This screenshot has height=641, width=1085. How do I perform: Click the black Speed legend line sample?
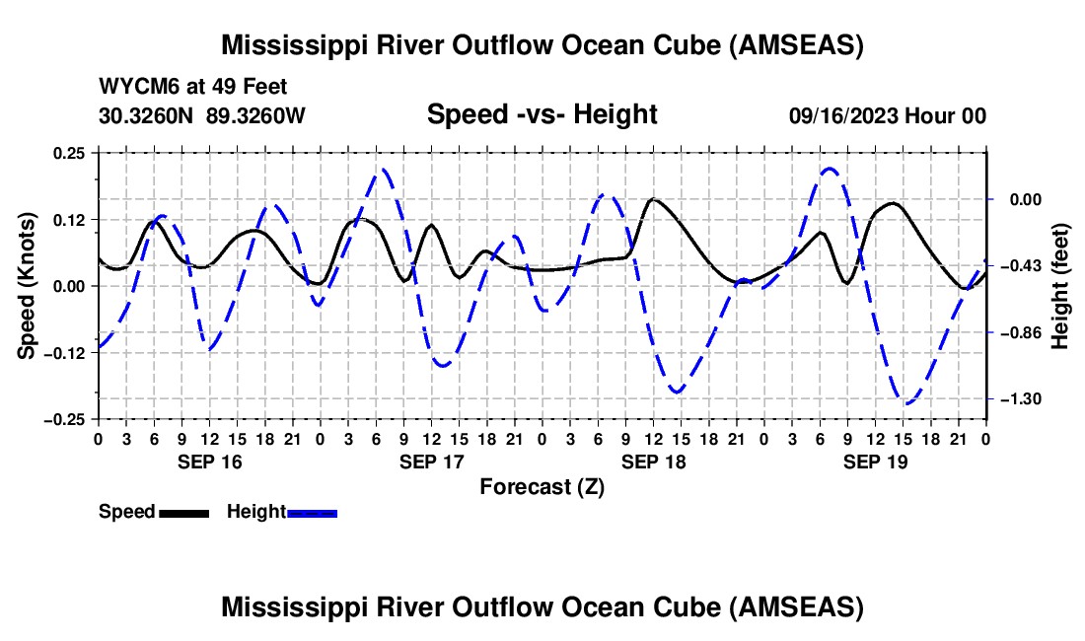tap(184, 513)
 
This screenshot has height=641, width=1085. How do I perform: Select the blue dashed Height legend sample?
tap(312, 513)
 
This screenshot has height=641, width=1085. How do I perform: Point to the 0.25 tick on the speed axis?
tap(69, 153)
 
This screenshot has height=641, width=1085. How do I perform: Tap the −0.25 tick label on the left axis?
tap(64, 420)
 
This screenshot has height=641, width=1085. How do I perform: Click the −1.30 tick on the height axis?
tap(1026, 399)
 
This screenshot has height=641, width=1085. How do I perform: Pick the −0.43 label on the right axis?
tap(1026, 266)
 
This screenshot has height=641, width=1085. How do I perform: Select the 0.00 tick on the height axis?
tap(1026, 200)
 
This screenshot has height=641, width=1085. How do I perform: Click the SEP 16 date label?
tap(210, 462)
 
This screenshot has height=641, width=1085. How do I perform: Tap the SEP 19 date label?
tap(875, 462)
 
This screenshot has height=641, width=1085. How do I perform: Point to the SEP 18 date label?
tap(653, 462)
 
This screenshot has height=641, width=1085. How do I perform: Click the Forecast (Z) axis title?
tap(542, 487)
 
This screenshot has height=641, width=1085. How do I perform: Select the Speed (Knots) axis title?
tap(27, 286)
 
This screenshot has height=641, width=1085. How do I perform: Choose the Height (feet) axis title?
tap(1060, 286)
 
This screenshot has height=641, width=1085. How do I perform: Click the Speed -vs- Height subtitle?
tap(542, 114)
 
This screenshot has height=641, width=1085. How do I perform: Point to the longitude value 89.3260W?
tap(255, 115)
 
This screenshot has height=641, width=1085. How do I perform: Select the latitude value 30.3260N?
tap(146, 115)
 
